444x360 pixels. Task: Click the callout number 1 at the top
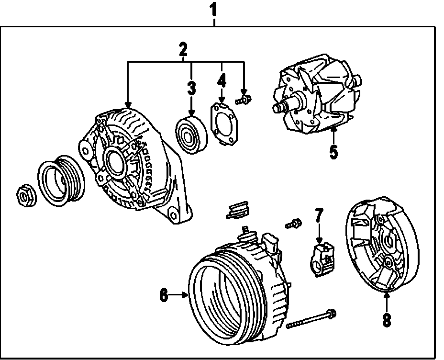(x=214, y=9)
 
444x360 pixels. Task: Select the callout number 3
(x=191, y=88)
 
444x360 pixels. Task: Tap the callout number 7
(x=319, y=216)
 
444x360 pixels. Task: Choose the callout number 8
(x=387, y=319)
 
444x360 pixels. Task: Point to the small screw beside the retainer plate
(x=244, y=100)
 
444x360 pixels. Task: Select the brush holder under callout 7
(x=323, y=258)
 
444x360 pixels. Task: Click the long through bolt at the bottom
(x=311, y=319)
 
